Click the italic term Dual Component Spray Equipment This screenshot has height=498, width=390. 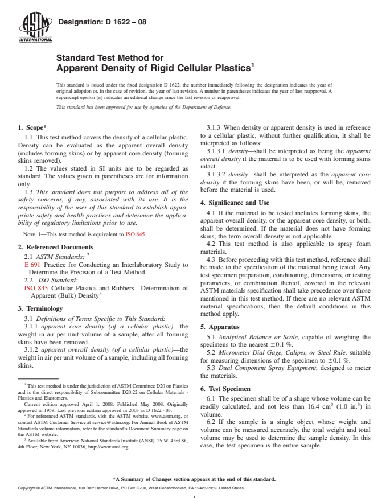(x=253, y=367)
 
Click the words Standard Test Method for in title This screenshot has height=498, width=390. (x=109, y=57)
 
